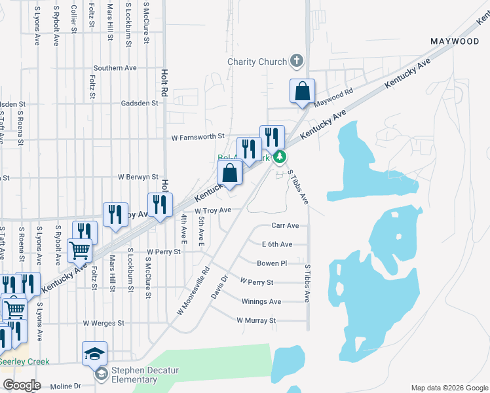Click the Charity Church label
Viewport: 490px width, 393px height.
click(x=257, y=62)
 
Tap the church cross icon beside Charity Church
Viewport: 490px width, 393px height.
click(x=297, y=62)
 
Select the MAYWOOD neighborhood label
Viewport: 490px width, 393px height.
click(x=455, y=41)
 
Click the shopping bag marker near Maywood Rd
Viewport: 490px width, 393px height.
click(x=303, y=92)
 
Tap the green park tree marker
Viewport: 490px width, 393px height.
click(x=280, y=157)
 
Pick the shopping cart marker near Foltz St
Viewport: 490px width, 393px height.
click(x=79, y=249)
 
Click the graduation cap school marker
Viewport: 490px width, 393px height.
click(x=94, y=353)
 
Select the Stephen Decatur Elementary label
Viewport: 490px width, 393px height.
click(x=145, y=375)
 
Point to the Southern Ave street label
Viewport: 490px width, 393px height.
click(x=115, y=67)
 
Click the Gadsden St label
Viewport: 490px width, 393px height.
click(x=140, y=103)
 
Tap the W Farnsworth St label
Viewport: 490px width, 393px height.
click(x=198, y=138)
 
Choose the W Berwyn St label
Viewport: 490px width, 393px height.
click(x=138, y=177)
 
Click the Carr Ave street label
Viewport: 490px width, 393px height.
click(x=285, y=225)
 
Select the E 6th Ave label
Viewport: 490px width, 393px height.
click(x=276, y=244)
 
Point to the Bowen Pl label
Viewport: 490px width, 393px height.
click(x=272, y=263)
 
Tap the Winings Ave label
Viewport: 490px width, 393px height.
click(x=261, y=301)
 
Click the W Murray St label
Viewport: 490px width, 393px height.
click(x=256, y=320)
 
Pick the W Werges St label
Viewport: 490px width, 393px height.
click(x=104, y=323)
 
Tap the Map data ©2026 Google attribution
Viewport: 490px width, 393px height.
click(x=449, y=388)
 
